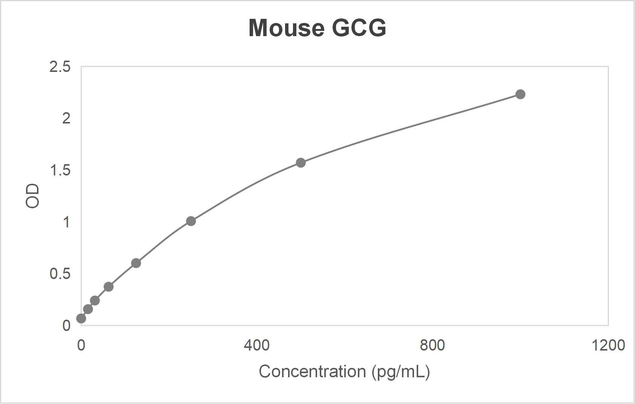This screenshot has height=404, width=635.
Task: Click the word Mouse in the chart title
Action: [x=286, y=28]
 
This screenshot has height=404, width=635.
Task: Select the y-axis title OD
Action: [x=32, y=196]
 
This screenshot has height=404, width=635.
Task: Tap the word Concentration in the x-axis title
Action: [x=312, y=372]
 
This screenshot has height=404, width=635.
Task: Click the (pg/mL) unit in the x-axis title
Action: [x=400, y=372]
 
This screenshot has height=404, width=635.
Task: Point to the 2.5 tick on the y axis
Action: [x=60, y=67]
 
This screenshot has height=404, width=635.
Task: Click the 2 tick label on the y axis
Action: [x=66, y=119]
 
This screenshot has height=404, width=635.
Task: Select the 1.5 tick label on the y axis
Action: [x=60, y=171]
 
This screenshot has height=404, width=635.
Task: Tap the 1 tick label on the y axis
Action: [x=66, y=222]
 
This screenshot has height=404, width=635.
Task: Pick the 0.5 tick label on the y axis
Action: [x=60, y=274]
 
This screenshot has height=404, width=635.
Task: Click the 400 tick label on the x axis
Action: [x=256, y=345]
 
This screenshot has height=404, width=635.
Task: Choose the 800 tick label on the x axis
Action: [x=432, y=345]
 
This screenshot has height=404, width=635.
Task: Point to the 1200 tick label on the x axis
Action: [x=608, y=345]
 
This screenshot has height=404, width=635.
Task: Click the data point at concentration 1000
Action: [x=520, y=94]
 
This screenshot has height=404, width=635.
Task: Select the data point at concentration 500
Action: [x=301, y=163]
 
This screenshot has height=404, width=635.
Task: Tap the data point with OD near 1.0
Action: [x=191, y=221]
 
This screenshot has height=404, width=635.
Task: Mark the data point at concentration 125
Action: [x=136, y=263]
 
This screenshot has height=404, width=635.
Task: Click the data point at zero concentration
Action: [x=81, y=319]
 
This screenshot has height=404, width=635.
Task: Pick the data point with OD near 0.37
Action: [x=109, y=287]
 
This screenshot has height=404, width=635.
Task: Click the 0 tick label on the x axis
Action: [x=81, y=345]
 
